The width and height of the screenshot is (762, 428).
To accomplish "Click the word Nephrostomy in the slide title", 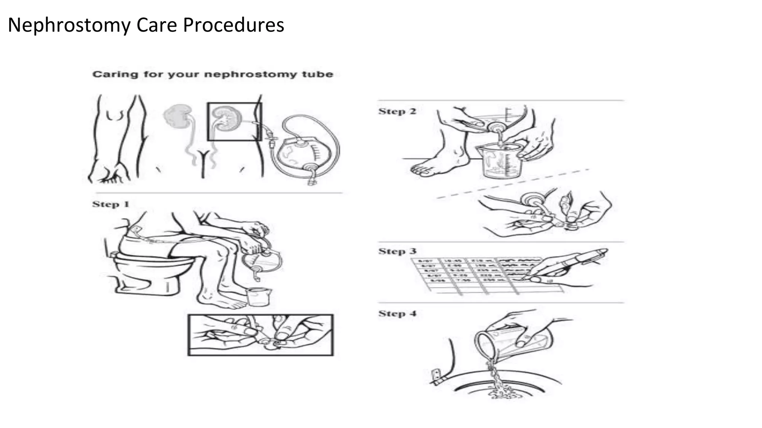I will click(x=69, y=25).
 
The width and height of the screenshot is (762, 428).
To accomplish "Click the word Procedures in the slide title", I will click(x=233, y=25).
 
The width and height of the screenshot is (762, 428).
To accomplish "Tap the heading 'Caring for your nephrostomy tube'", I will click(x=212, y=74).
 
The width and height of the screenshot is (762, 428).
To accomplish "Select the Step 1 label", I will click(x=111, y=204).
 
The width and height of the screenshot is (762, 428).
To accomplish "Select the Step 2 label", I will click(x=397, y=111).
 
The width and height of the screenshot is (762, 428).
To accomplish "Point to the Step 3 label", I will click(x=397, y=252).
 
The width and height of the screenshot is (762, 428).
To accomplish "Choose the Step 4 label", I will click(x=397, y=314).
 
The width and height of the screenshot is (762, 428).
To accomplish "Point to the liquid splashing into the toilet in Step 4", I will click(x=500, y=386).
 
